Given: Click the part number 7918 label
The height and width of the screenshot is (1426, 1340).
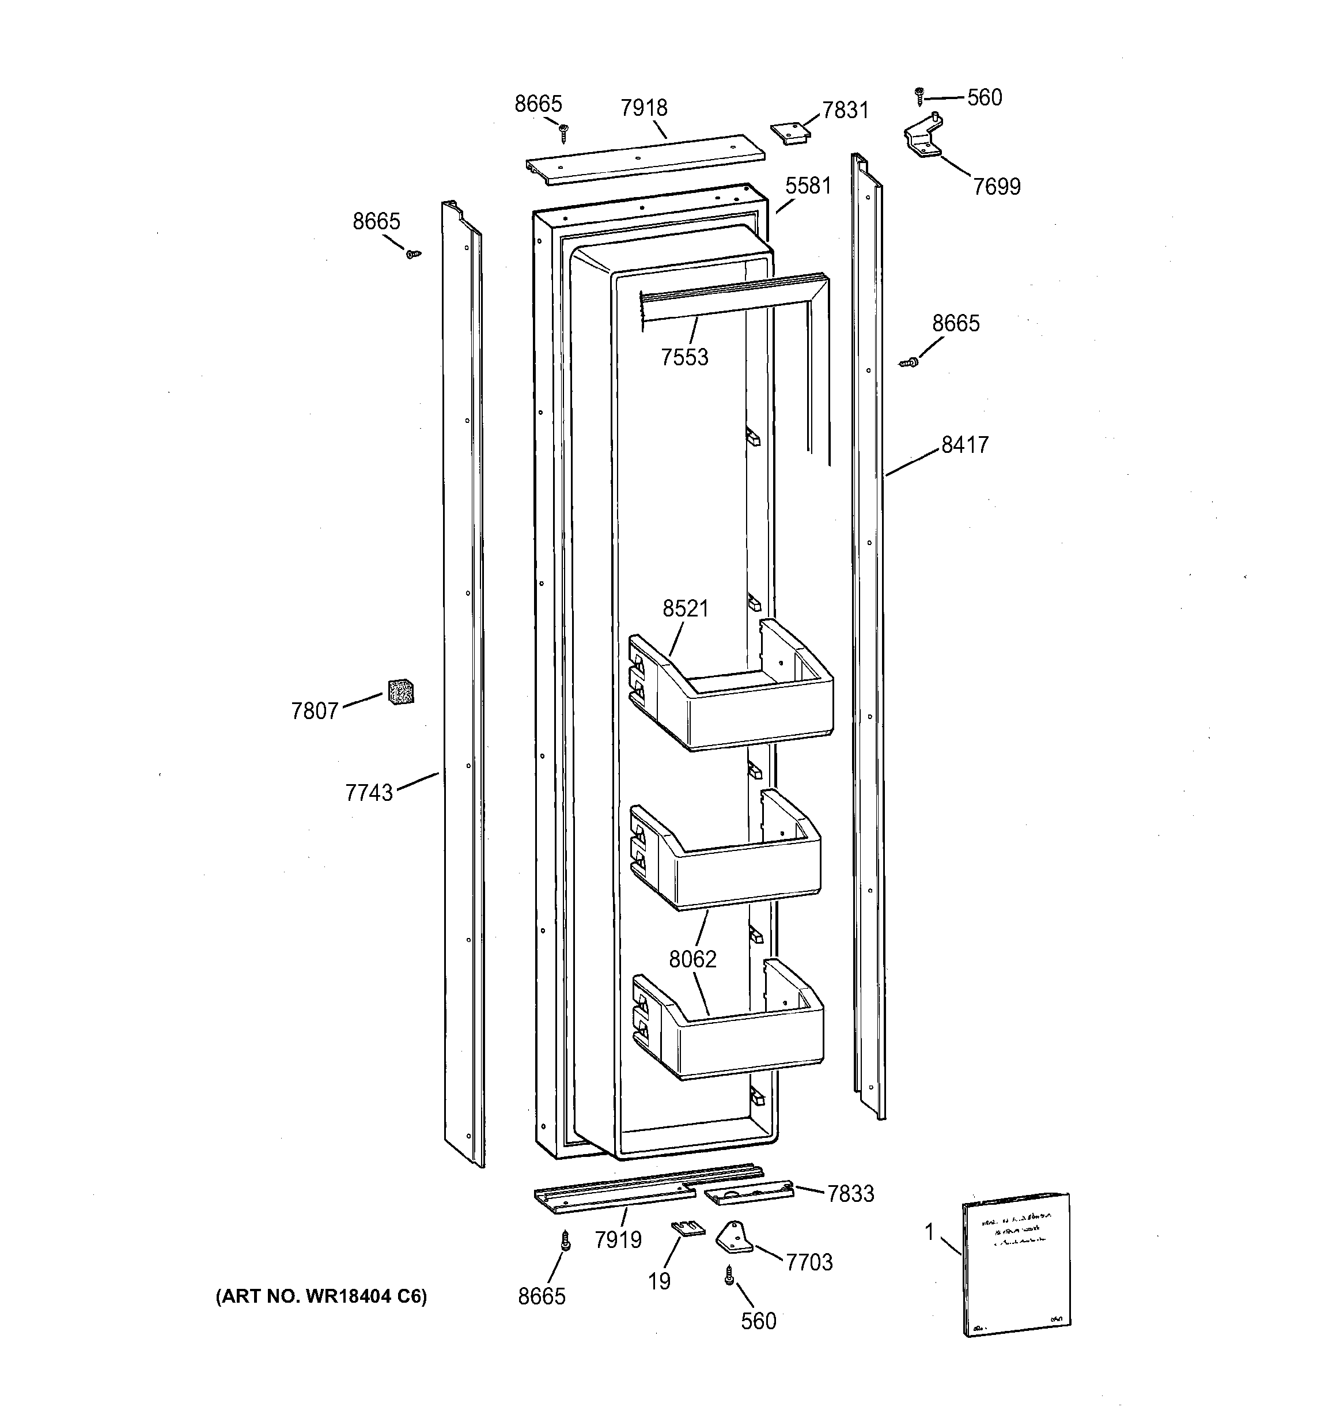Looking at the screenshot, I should tap(643, 108).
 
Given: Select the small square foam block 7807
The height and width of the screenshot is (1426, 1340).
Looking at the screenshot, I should tap(401, 691).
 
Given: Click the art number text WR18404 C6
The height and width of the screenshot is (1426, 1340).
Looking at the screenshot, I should tap(321, 1296).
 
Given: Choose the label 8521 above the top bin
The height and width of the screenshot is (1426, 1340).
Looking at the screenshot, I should tap(685, 608).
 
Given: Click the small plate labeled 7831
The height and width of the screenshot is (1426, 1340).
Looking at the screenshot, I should tap(790, 133).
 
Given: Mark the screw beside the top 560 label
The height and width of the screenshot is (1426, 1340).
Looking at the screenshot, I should tap(919, 94).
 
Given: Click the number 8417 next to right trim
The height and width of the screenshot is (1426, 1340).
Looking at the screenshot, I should tap(965, 445).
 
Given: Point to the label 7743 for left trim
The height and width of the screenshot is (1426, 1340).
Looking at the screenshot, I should tap(369, 793).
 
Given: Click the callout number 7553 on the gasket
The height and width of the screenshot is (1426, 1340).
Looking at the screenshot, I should tap(684, 357).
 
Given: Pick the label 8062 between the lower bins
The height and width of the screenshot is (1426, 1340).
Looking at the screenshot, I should tap(692, 959).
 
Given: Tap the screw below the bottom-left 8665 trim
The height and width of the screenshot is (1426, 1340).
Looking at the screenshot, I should tap(565, 1241).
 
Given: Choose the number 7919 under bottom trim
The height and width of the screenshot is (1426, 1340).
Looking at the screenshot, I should tap(618, 1239).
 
